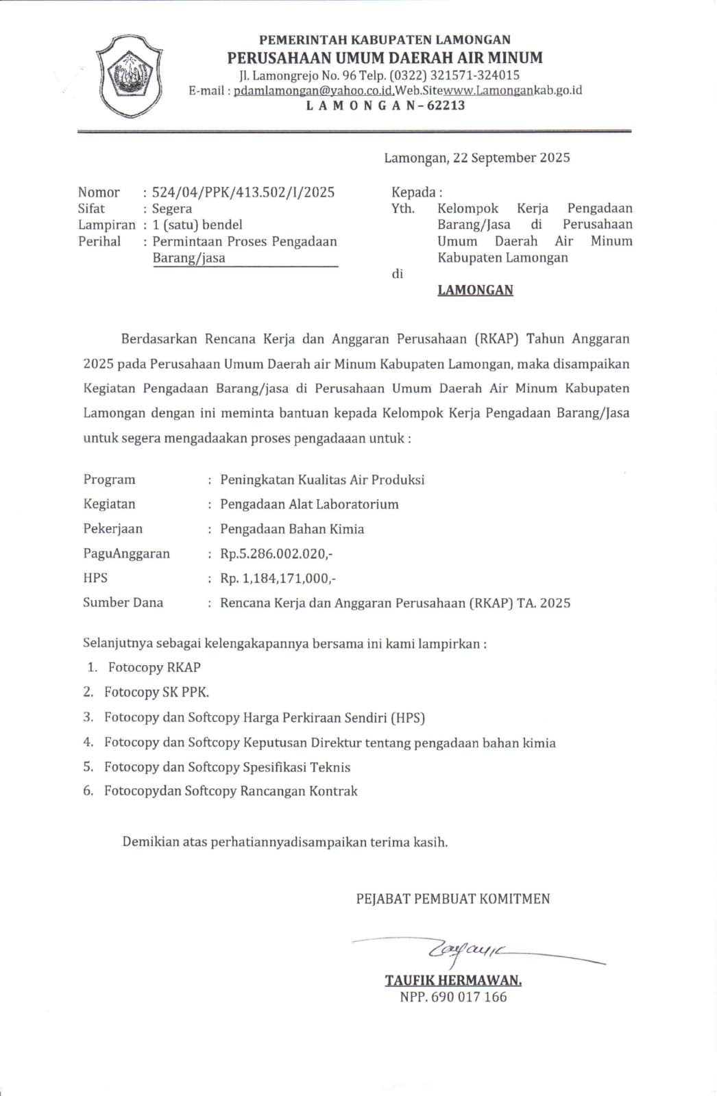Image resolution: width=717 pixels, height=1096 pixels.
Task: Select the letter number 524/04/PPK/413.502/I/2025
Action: (243, 192)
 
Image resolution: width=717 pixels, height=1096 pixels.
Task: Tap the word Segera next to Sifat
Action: (172, 209)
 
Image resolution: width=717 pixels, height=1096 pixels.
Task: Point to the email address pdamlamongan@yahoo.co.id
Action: (313, 90)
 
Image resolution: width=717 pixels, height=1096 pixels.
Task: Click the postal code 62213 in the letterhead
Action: (446, 105)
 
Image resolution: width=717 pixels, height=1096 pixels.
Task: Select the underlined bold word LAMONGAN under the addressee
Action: (475, 290)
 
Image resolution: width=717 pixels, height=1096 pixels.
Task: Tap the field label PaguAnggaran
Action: (126, 553)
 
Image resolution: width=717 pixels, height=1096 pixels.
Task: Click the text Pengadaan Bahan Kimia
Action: (292, 529)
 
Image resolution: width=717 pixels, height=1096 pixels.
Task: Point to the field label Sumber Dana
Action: (123, 603)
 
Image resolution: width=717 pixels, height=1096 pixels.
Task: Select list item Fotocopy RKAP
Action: (154, 667)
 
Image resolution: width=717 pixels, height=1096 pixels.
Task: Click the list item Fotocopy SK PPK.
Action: (156, 693)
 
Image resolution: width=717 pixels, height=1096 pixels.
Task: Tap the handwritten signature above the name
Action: (466, 950)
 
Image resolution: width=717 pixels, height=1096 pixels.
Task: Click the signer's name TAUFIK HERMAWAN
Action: (453, 980)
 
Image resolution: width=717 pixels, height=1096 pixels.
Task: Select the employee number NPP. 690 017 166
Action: (453, 997)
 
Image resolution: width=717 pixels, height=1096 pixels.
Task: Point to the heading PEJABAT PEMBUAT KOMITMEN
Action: (452, 899)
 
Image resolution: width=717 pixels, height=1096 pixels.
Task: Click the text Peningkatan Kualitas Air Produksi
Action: (322, 480)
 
